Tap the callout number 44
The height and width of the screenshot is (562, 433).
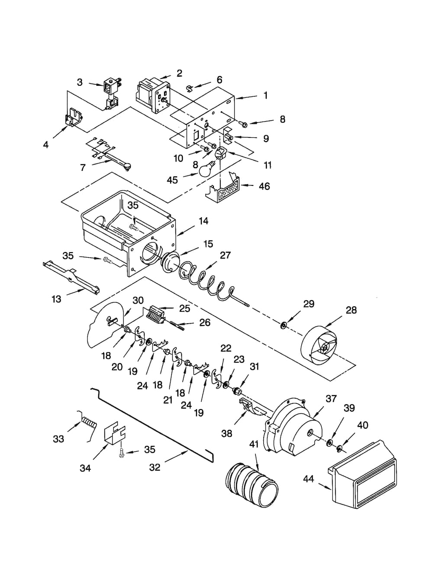(308, 479)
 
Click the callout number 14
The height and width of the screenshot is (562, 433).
(203, 221)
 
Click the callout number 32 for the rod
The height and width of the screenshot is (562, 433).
(155, 467)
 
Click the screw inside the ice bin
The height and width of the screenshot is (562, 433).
(133, 225)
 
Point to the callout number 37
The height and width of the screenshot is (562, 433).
(331, 399)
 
